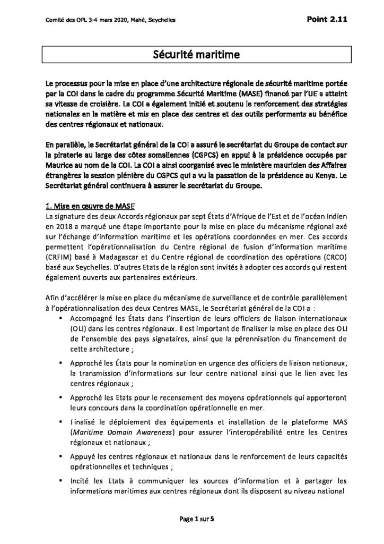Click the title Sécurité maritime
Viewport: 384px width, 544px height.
click(192, 54)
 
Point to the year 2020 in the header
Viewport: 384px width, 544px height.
click(111, 20)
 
